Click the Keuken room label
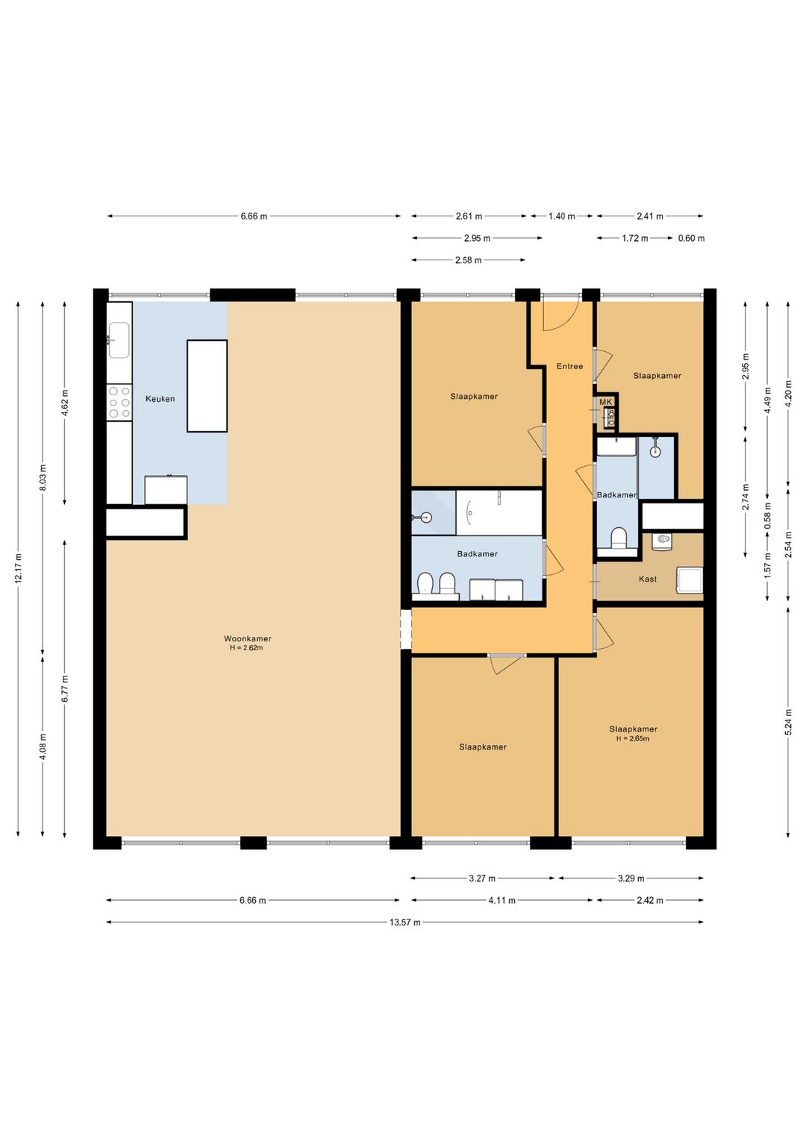point(160,399)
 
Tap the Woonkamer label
point(248,638)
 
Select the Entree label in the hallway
point(569,366)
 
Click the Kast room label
point(647,579)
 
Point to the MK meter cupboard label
point(605,402)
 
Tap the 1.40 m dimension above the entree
point(561,216)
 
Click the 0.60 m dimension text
point(691,239)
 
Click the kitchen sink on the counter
point(119,340)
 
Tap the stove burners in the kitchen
point(119,403)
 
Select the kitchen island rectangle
point(207,386)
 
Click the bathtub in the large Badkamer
point(499,512)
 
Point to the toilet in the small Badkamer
point(619,538)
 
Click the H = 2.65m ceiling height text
point(633,739)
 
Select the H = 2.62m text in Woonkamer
point(246,648)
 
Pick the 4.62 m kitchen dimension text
point(65,403)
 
